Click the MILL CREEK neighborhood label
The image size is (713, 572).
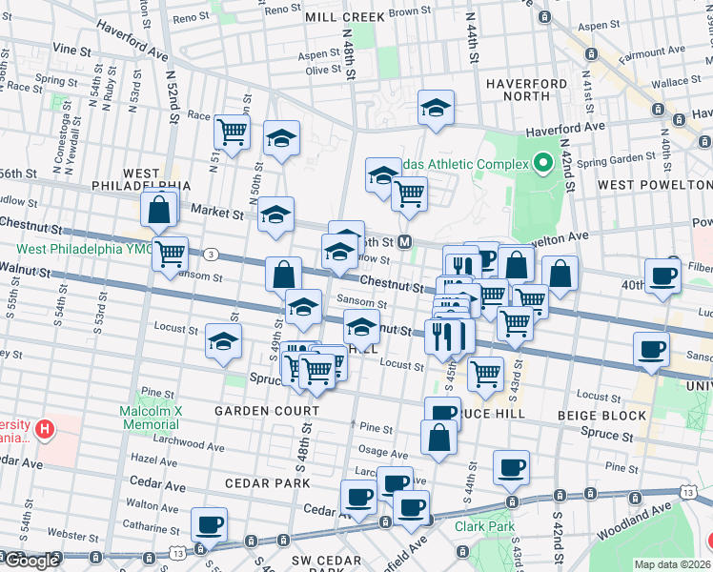pyautogui.click(x=344, y=17)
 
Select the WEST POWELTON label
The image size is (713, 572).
pyautogui.click(x=654, y=183)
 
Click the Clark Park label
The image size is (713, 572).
pyautogui.click(x=484, y=526)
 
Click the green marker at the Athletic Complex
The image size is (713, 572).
pyautogui.click(x=545, y=163)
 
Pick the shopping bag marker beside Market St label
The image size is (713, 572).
pyautogui.click(x=160, y=208)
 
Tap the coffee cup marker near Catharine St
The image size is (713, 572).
pyautogui.click(x=210, y=523)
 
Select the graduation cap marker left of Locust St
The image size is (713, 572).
pyautogui.click(x=223, y=341)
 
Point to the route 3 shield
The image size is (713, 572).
pyautogui.click(x=210, y=254)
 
